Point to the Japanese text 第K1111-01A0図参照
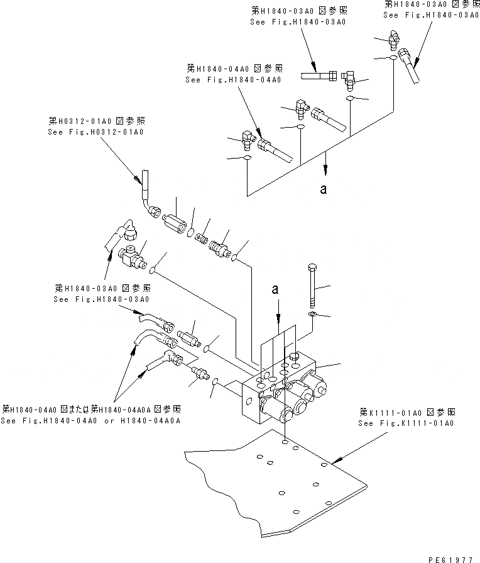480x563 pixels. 407,412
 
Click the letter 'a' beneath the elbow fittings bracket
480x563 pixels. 324,188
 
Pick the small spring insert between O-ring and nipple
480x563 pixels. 202,237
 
